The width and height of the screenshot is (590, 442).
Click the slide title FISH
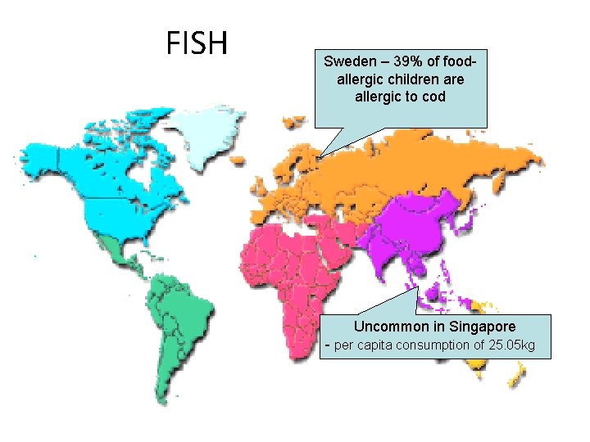(197, 43)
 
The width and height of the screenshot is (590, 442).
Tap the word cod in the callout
(433, 97)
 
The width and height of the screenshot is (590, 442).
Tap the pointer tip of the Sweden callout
(320, 156)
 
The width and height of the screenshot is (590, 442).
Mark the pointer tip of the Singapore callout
(418, 285)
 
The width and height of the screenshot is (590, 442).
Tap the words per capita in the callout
(363, 345)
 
